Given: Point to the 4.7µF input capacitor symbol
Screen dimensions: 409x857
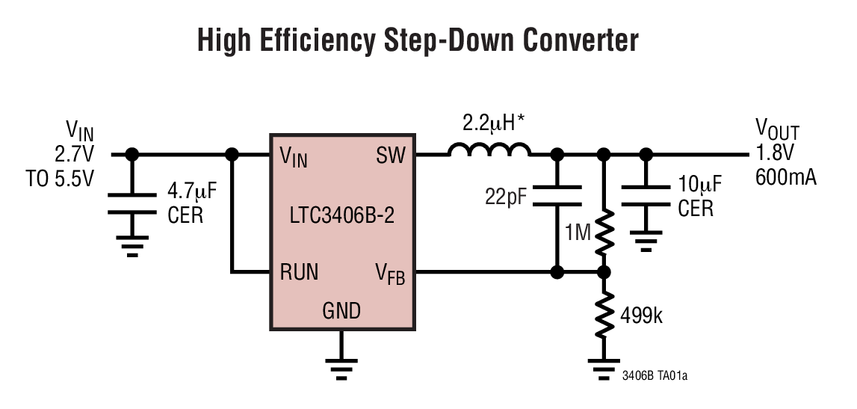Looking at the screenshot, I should pos(132,203).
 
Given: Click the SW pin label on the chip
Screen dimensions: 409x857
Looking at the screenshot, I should pos(391,156).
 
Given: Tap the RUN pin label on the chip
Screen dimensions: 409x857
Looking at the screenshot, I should pos(299,272).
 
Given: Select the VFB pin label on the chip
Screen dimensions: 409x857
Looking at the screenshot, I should pos(389,274).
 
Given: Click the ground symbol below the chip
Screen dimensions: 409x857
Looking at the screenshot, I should pos(341,366).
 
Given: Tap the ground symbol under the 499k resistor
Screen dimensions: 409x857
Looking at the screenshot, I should pos(604,368).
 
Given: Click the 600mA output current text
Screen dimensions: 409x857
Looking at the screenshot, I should pos(785,178).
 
